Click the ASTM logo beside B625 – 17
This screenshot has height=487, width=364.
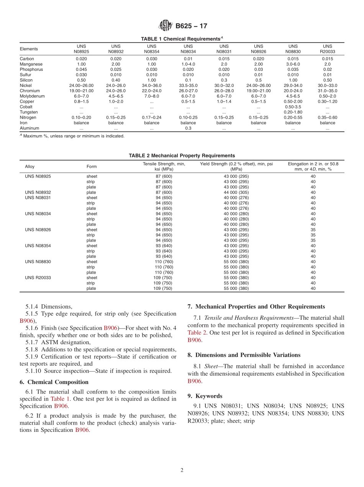coord(166,26)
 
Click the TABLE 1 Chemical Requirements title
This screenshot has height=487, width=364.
coord(182,39)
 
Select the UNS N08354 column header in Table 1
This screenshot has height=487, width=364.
coord(152,49)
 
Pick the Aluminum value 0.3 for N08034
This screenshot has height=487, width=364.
coord(188,128)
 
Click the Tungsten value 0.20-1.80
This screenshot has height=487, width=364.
coord(293,112)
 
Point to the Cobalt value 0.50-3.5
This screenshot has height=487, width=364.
coord(293,107)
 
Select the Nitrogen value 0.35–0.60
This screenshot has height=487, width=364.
coord(327,118)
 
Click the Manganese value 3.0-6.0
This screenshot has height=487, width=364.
coord(293,64)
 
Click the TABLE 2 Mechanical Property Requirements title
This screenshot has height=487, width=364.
coord(182,155)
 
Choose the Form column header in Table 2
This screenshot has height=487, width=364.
coord(92,167)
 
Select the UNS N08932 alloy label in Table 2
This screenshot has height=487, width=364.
coord(38,192)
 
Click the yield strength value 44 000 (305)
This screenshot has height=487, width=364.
coord(236,192)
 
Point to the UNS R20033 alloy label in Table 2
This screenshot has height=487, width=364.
coord(38,278)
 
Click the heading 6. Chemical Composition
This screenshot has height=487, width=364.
coord(54,382)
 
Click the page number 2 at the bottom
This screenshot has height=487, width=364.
coord(182,470)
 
